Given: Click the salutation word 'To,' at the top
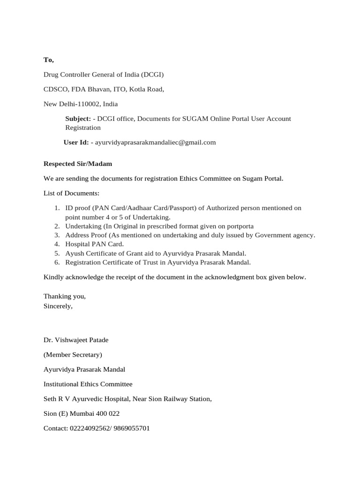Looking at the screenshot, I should coord(49,60).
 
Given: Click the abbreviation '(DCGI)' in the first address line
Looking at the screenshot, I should coord(150,75).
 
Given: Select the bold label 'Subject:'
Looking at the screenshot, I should coord(78,119).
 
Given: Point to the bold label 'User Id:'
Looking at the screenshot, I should coord(76,142).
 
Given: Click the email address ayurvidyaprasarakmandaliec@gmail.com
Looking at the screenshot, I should coord(155,142).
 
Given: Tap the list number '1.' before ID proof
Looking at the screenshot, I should coord(56,208).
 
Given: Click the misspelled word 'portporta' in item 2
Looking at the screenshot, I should coord(240,226).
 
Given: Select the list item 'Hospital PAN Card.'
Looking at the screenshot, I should coord(94,244).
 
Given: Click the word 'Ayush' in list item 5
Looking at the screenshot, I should coord(74,253).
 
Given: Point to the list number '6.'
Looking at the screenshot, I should coord(56,262).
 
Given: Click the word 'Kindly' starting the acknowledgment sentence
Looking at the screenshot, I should coord(53,277).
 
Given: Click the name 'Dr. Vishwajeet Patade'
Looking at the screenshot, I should coord(76,339).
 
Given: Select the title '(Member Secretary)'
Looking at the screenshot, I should coord(73,354).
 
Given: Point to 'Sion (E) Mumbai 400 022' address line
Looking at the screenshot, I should coord(82,414).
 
